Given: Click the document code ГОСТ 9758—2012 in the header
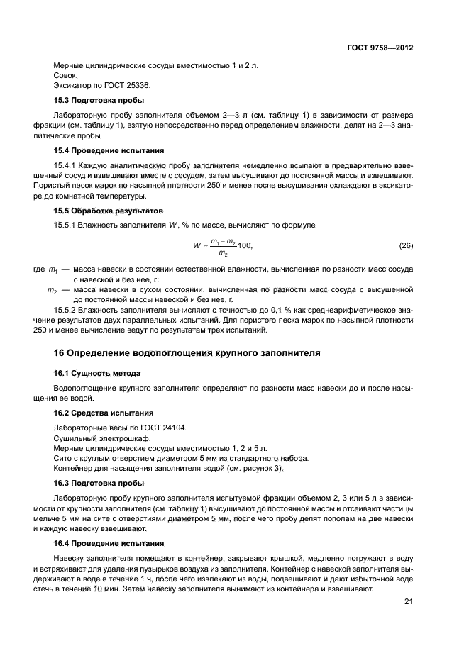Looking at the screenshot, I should click(x=380, y=48).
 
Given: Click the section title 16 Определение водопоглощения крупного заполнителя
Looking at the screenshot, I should click(x=187, y=352).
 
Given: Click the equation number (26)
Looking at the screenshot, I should click(x=406, y=246).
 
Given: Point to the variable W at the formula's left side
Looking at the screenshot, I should click(x=197, y=247).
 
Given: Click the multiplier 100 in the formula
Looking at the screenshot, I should click(x=243, y=246).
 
